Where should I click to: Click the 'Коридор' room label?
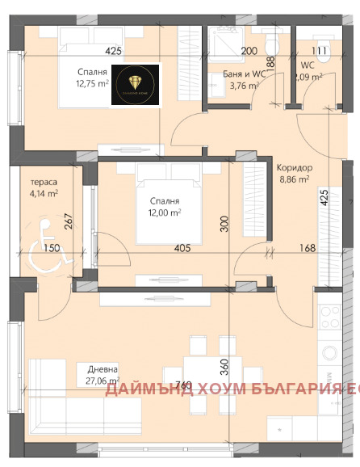(294, 168)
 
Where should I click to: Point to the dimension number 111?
(320, 51)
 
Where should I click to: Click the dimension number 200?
(249, 51)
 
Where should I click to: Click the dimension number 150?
(52, 248)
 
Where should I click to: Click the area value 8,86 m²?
(294, 179)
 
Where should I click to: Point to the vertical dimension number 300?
(225, 223)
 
